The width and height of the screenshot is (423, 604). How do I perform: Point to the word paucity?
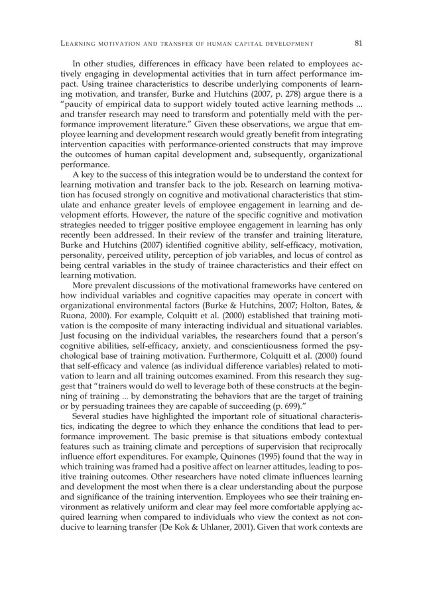pyautogui.click(x=80, y=110)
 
